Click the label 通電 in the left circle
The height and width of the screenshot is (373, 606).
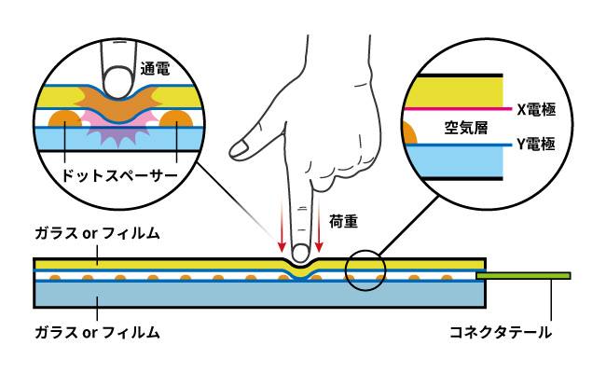[155, 68]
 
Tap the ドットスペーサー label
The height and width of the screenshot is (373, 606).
[119, 176]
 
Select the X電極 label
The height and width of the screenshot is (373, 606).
[536, 110]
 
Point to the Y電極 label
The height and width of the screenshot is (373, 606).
[536, 145]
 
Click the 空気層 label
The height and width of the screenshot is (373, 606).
[466, 127]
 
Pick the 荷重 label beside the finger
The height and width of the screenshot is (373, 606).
[344, 222]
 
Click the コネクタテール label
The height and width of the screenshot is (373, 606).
[501, 332]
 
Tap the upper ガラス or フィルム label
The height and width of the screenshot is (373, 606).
[97, 233]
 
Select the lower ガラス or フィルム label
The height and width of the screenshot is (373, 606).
[97, 332]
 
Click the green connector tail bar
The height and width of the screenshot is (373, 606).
[523, 276]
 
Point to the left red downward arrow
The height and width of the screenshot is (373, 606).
[282, 224]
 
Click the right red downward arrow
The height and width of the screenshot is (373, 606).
[319, 224]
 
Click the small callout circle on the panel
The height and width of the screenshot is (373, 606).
[365, 251]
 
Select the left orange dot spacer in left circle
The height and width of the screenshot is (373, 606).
[65, 118]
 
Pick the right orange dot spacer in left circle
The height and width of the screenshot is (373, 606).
[176, 118]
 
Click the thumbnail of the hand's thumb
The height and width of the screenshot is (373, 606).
[240, 148]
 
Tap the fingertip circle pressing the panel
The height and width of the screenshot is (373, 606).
[300, 254]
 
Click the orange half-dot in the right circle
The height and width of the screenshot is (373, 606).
[410, 132]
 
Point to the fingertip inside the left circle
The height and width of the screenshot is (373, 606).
[118, 82]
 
